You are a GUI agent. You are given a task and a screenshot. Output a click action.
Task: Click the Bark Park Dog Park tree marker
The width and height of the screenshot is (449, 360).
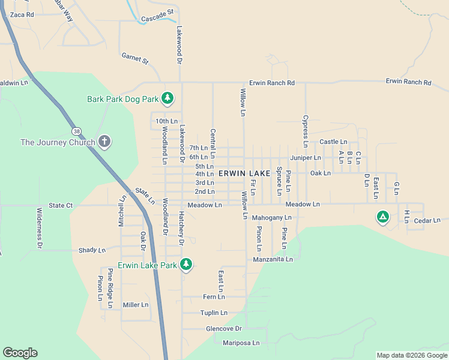coord(169,98)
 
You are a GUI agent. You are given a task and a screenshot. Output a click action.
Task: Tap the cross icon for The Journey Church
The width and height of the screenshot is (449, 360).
coord(104,142)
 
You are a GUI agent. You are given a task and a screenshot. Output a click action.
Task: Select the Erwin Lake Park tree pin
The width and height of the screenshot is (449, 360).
coord(186,265)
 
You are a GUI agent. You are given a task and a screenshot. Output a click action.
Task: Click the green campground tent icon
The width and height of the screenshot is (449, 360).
coord(382,217)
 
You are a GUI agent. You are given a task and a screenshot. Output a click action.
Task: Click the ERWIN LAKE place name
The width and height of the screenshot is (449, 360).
coord(244,173)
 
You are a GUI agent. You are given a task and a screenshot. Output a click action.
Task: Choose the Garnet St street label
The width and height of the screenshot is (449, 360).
coord(135,58)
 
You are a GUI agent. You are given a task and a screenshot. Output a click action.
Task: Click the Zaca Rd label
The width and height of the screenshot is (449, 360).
coord(22,14)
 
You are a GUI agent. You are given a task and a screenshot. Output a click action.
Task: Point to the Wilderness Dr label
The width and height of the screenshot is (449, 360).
coord(40,228)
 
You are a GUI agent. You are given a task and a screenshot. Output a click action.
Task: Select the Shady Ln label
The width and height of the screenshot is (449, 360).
coord(92,250)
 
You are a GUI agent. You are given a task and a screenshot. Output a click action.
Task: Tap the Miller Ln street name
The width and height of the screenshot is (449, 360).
coord(136,305)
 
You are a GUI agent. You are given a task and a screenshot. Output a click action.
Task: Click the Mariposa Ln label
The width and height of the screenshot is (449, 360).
coord(241,343)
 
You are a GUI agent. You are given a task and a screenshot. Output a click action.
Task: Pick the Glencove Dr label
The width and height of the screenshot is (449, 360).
coord(223,329)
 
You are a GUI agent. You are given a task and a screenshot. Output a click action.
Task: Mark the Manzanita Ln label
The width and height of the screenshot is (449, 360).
coord(273,259)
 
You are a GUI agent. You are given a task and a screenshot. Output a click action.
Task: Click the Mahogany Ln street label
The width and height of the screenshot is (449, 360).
coord(271,217)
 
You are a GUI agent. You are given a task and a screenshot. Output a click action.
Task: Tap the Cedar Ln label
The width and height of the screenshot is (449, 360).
coord(427,221)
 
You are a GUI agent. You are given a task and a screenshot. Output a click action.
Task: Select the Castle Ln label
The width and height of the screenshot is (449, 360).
coord(333,142)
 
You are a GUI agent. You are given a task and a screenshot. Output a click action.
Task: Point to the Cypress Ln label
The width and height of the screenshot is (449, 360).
coord(306,131)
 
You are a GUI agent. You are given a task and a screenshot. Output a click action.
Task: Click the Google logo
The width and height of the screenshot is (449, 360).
coord(20,353)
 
